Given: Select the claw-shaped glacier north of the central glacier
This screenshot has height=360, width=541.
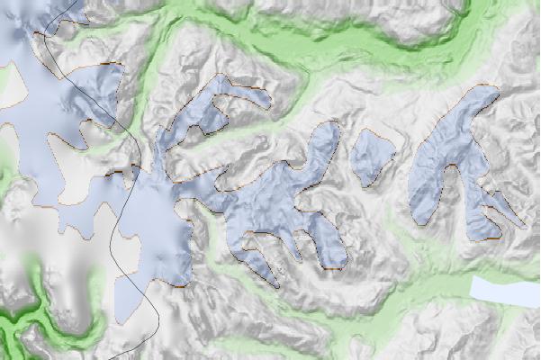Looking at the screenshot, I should tap(207, 112).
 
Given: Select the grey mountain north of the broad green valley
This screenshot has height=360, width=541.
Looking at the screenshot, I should tap(396, 18).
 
